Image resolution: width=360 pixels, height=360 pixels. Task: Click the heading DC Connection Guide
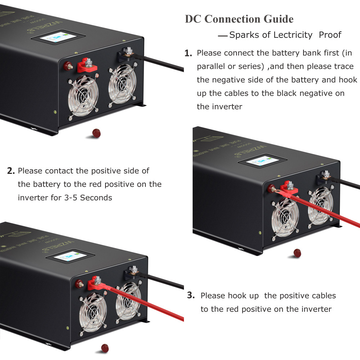239,19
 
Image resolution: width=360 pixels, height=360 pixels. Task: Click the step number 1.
188,54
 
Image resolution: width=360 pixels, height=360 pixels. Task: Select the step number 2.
11,171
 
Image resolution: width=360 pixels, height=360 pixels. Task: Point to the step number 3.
191,296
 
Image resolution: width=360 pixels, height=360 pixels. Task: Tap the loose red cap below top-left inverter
96,133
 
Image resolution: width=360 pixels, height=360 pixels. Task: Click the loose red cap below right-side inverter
297,253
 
